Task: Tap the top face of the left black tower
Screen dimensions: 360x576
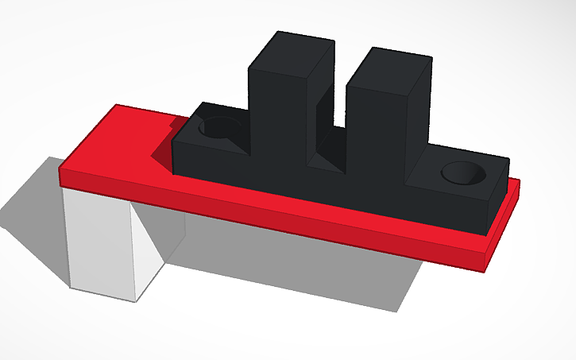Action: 291,56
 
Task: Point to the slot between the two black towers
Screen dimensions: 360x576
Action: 332,119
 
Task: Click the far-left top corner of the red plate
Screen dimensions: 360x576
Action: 118,106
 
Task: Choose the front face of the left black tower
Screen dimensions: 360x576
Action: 276,119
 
